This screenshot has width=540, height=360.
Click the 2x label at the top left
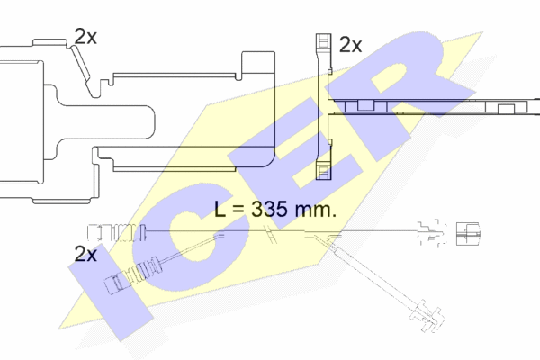click(x=85, y=37)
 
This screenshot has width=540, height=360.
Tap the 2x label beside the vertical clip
click(x=351, y=45)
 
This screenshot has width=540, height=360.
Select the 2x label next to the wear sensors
click(x=85, y=254)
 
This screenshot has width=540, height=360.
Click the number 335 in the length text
click(x=269, y=209)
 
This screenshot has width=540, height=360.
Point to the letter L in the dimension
click(x=220, y=209)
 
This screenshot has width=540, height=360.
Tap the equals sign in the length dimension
click(x=238, y=210)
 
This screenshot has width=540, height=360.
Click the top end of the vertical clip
click(x=323, y=34)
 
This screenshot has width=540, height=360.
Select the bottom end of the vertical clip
click(x=324, y=179)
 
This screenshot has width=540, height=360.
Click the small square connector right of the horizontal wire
click(x=468, y=234)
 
